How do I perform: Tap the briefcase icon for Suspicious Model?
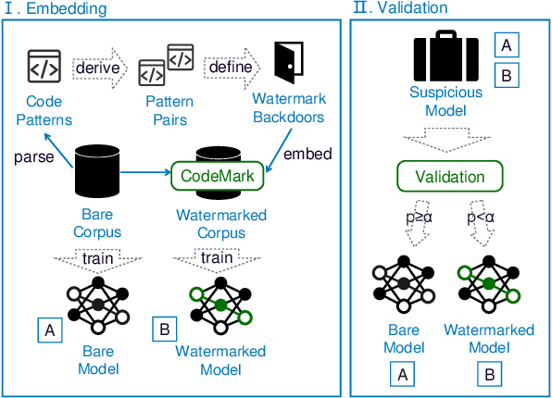click(447, 57)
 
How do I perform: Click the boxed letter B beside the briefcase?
click(508, 76)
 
